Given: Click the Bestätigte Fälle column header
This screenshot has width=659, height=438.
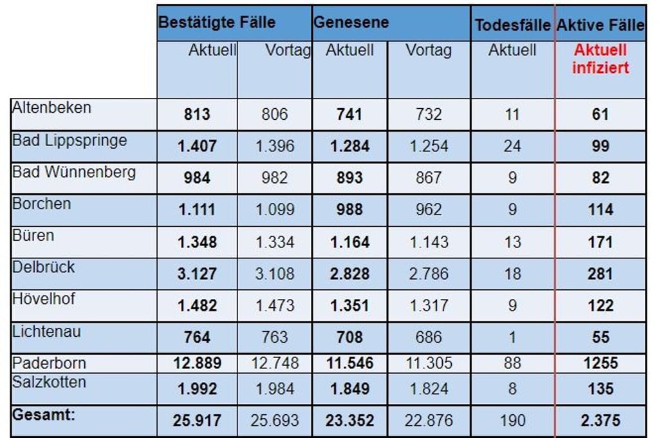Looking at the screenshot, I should point(217,23).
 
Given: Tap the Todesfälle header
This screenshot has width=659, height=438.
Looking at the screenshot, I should point(512,26).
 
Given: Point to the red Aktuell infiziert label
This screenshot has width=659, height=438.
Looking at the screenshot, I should point(600,59).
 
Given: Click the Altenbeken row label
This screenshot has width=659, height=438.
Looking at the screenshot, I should point(52,108).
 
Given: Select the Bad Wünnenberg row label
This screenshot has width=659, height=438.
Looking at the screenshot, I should point(74,172).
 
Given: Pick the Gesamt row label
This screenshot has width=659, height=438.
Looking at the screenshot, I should point(44,414).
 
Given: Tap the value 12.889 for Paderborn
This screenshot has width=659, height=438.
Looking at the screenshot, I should point(197,363).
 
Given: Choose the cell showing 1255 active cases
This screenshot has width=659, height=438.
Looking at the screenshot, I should point(600,363).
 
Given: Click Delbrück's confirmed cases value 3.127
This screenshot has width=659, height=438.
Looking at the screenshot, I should point(197,274).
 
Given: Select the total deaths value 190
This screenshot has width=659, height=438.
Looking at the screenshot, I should point(512,421).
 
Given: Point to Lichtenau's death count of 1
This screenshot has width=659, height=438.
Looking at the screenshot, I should point(512,337).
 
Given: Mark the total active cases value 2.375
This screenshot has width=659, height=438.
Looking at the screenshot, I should point(600,421).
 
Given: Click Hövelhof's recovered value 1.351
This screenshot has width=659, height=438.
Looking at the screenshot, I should point(350,305).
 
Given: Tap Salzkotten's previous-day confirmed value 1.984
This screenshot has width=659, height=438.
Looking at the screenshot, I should point(275,389).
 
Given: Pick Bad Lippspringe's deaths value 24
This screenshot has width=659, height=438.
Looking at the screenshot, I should point(512,146).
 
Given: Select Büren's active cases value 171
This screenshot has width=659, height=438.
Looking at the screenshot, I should point(600,242).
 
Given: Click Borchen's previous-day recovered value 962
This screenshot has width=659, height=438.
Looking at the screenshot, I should point(429,210).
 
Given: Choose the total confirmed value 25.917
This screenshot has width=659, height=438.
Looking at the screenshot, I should point(197,421).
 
